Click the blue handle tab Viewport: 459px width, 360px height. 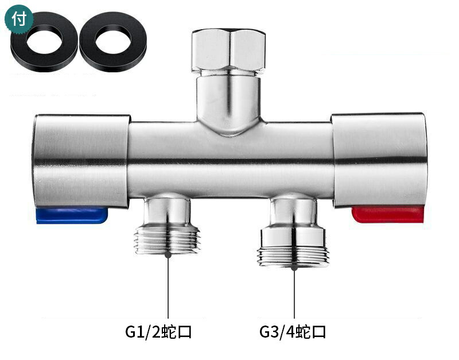click(72, 215)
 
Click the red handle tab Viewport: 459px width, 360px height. click(388, 214)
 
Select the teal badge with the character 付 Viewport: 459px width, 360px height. click(19, 18)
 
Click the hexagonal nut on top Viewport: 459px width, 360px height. click(228, 51)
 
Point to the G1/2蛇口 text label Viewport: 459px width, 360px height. click(158, 332)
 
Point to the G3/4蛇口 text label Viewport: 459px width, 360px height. click(293, 332)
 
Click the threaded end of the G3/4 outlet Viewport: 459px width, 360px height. click(293, 257)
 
